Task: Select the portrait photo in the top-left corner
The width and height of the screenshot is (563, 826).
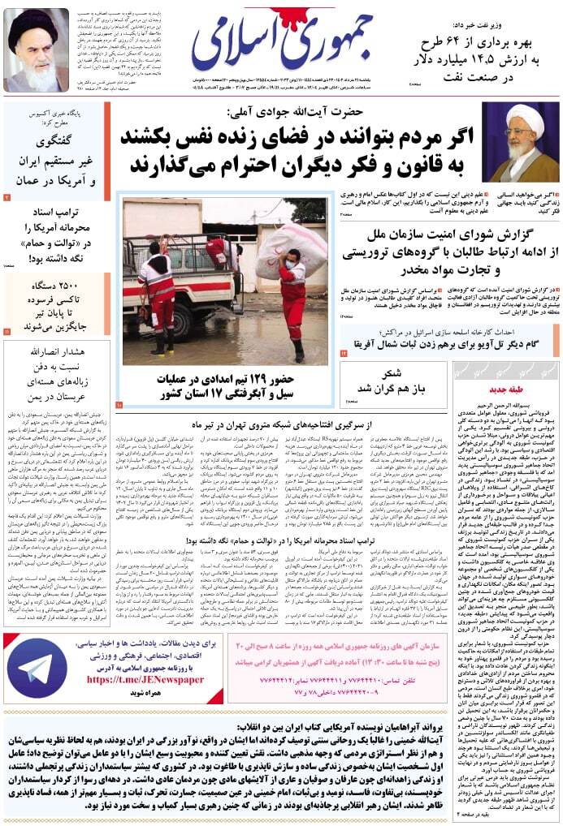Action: click(37, 50)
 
